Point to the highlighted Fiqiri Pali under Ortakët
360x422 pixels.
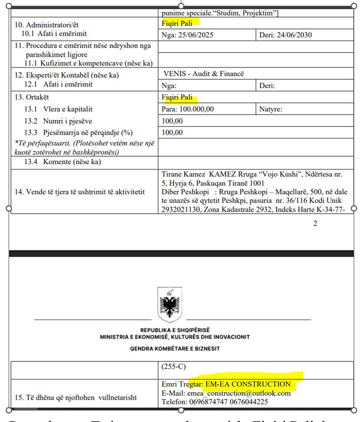click(x=178, y=98)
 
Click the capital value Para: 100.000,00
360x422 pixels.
click(x=188, y=109)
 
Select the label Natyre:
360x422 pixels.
click(x=271, y=109)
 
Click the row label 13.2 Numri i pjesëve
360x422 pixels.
click(x=58, y=121)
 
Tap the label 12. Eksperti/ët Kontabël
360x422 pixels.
click(x=67, y=74)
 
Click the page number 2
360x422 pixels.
click(x=315, y=224)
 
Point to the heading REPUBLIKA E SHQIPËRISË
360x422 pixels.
click(x=171, y=331)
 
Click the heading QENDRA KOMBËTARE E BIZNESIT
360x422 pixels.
click(x=171, y=348)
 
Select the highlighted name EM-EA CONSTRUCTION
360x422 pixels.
click(x=249, y=384)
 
